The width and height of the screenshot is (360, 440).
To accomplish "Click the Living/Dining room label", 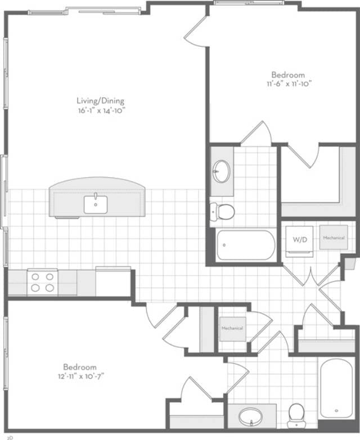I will [x=100, y=101].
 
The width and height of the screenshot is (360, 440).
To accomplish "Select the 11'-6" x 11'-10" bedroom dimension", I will [x=289, y=84].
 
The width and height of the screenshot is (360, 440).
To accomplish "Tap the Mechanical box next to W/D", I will [x=333, y=238].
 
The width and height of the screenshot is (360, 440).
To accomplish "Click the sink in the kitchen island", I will [x=96, y=204].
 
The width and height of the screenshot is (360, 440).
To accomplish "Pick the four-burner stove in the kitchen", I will [x=42, y=282].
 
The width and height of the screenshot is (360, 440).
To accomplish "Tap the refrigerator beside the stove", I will [x=113, y=281].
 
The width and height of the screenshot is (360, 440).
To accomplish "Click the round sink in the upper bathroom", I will [x=222, y=172].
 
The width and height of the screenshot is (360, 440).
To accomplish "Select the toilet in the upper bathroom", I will [x=223, y=211].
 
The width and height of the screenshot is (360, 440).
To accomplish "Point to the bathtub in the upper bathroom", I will [x=245, y=245].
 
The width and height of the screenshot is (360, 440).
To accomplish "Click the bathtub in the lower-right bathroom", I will [x=336, y=388].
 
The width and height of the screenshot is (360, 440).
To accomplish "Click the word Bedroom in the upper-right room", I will [x=288, y=75].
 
